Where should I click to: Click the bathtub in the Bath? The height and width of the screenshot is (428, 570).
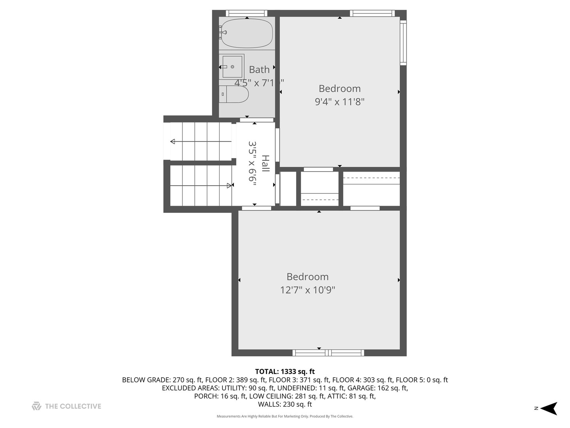pos(247,33)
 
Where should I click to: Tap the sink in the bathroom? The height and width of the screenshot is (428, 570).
pos(232,67)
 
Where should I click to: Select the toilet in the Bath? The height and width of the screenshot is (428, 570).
pos(234,94)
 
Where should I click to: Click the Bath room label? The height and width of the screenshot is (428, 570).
pos(259,70)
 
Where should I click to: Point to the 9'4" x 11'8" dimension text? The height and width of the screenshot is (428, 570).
pos(339,102)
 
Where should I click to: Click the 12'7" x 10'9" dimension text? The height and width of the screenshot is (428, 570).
pos(308,290)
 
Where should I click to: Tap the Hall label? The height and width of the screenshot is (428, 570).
pos(265,163)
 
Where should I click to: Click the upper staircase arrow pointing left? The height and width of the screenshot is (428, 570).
pos(173,141)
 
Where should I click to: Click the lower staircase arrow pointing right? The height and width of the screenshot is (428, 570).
pos(229,185)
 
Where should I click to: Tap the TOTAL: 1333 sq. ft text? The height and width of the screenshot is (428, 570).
pos(285,372)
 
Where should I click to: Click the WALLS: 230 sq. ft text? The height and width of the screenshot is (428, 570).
pos(285,405)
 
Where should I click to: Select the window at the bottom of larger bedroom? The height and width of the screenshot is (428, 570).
pos(328,353)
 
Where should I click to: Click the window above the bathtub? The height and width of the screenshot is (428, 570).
pos(246,13)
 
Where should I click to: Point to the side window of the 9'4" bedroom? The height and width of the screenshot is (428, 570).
pos(403,42)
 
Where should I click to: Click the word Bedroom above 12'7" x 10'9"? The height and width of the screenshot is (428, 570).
pos(308,277)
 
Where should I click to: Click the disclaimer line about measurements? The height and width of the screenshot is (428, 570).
pos(285,417)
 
